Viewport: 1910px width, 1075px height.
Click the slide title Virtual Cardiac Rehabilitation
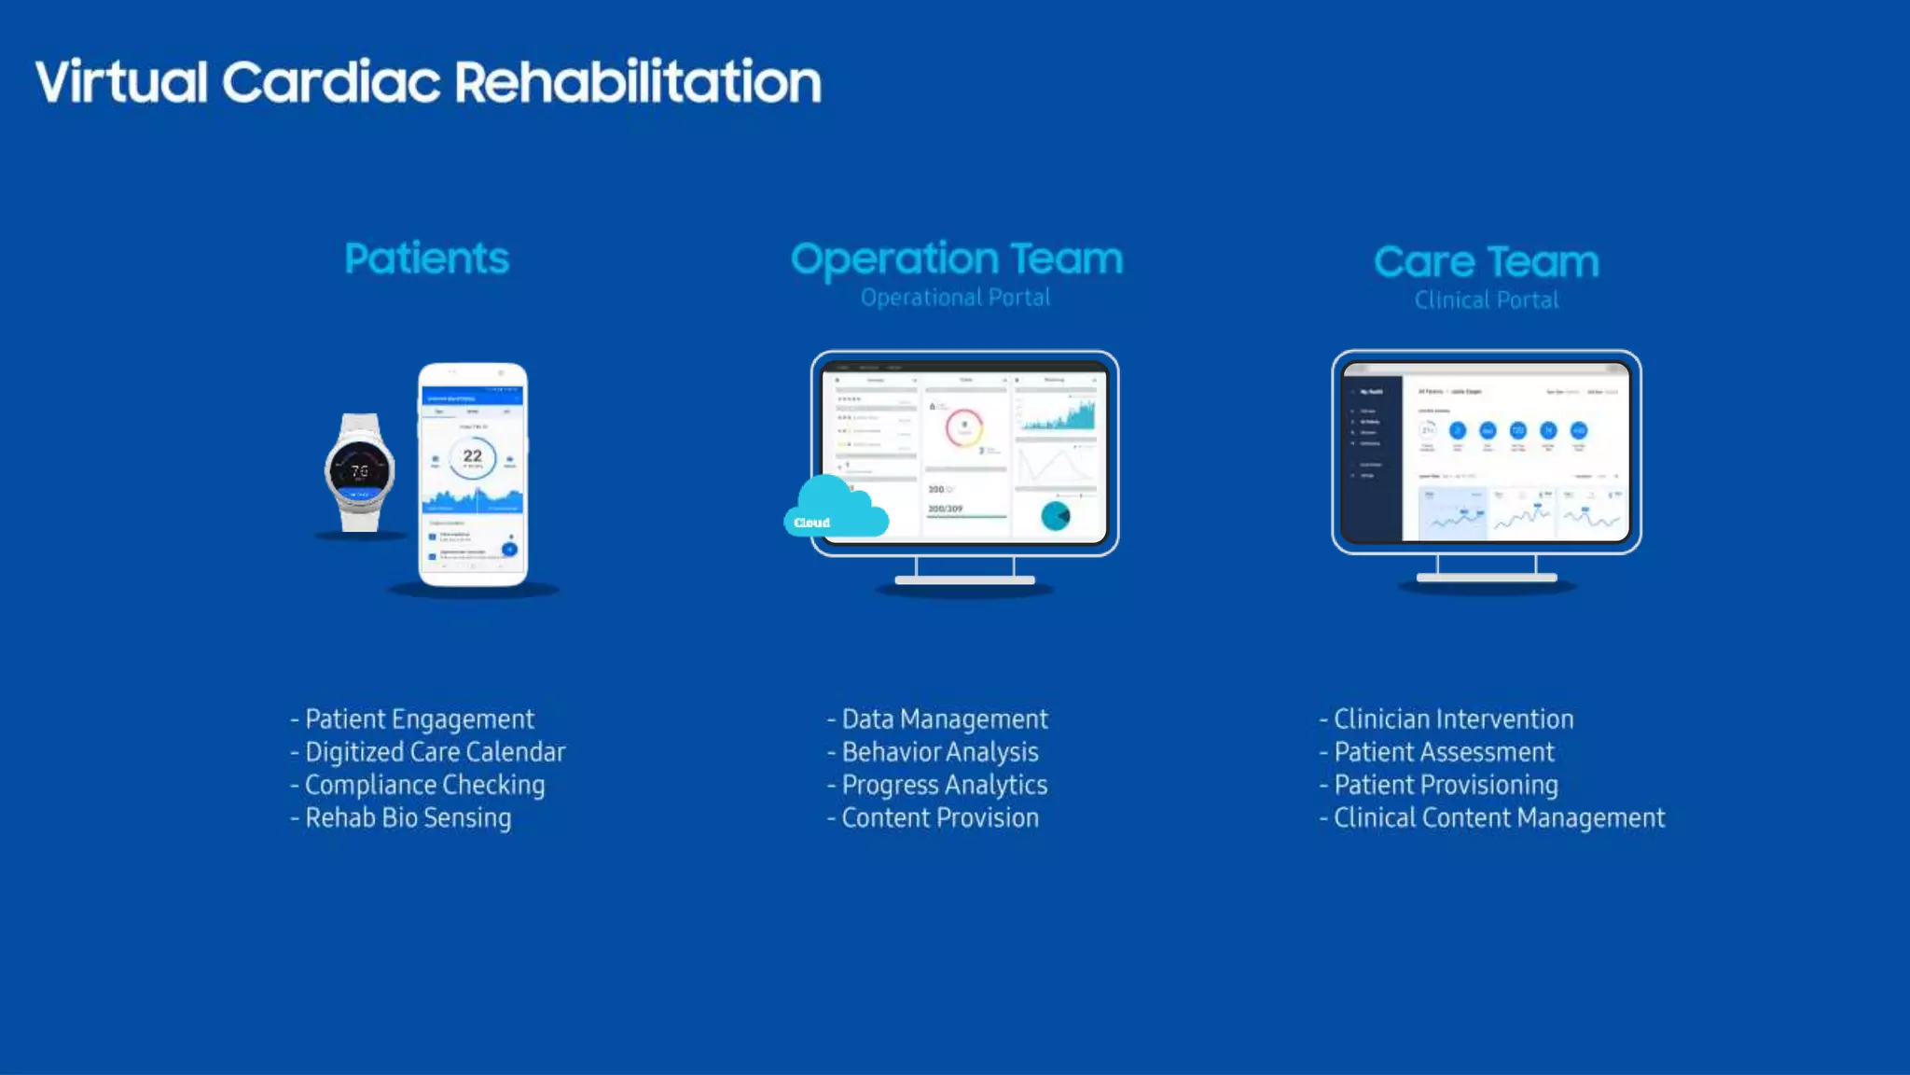tap(428, 82)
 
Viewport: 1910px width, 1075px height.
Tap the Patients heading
tap(426, 258)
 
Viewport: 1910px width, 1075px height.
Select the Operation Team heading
tap(957, 258)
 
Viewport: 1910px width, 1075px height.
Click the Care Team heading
tap(1486, 261)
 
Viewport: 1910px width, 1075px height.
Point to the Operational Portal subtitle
tap(955, 298)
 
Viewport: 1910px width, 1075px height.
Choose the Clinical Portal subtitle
tap(1486, 300)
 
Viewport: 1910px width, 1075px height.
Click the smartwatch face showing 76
tap(360, 471)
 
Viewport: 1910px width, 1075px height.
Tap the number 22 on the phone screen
tap(473, 455)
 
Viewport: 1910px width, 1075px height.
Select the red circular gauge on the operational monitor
tap(964, 428)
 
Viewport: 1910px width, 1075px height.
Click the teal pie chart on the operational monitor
tap(1056, 515)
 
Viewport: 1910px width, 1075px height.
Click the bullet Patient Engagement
tap(419, 719)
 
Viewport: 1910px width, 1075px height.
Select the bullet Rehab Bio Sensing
tap(408, 818)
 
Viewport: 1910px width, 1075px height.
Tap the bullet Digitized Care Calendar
tap(435, 752)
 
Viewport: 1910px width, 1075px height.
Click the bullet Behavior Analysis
tap(939, 752)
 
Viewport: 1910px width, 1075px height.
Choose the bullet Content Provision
tap(939, 818)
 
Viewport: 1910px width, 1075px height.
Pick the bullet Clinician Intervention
tap(1453, 719)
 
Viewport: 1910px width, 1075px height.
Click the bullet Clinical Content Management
tap(1498, 818)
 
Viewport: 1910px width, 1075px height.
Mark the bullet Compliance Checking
tap(424, 786)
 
